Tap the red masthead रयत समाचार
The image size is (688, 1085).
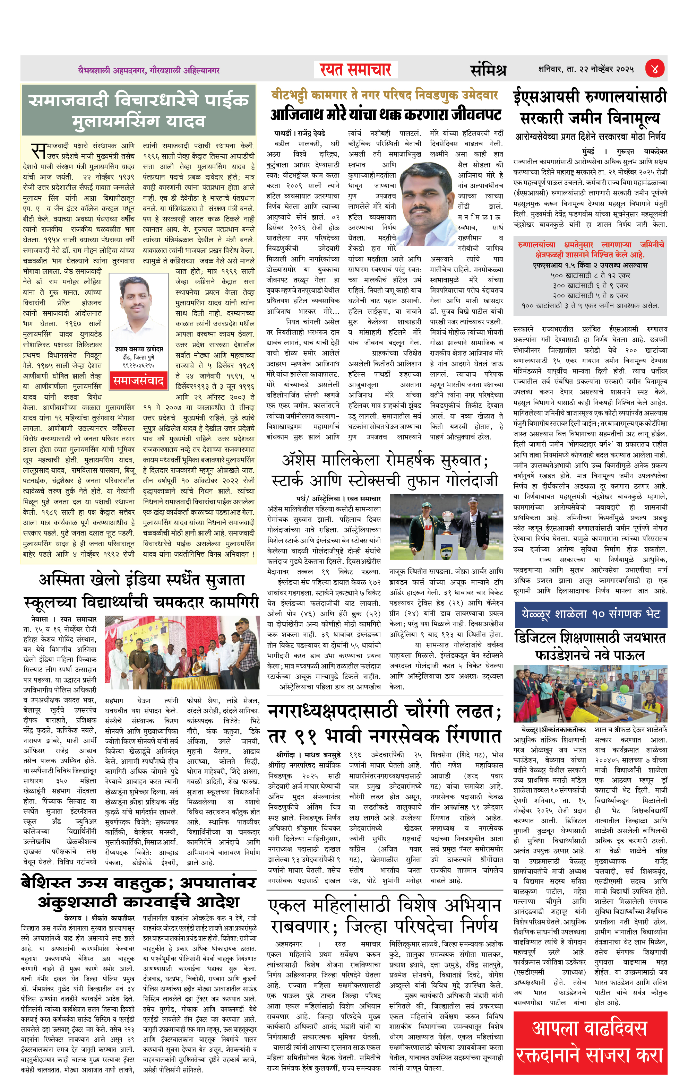355,70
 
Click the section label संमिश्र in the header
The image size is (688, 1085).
488,70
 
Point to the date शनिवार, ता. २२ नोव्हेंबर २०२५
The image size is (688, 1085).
586,69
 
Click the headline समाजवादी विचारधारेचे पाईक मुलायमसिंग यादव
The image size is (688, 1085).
139,110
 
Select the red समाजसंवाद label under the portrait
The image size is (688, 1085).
138,381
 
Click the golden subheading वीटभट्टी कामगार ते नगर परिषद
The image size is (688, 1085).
384,95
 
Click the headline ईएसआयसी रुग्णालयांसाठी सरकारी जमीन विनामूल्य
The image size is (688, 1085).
590,107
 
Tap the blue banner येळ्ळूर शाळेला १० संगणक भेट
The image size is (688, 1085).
590,614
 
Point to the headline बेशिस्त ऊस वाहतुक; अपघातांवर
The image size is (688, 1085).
139,893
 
